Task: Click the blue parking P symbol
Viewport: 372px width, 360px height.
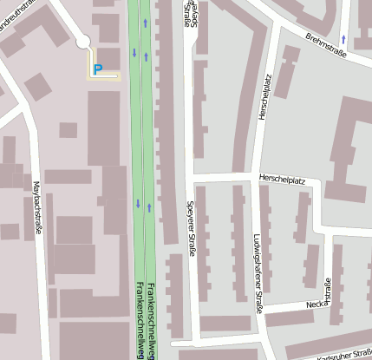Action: point(97,69)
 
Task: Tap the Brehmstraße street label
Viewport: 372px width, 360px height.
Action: point(326,43)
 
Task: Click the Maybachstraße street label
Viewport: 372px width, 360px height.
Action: point(36,204)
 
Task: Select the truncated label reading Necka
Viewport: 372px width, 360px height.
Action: point(315,304)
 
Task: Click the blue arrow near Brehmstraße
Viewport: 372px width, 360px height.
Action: point(343,39)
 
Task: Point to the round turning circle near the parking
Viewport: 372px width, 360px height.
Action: point(83,41)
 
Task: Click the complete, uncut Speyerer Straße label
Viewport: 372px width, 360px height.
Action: point(190,231)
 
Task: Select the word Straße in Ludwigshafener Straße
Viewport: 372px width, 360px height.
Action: point(258,300)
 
